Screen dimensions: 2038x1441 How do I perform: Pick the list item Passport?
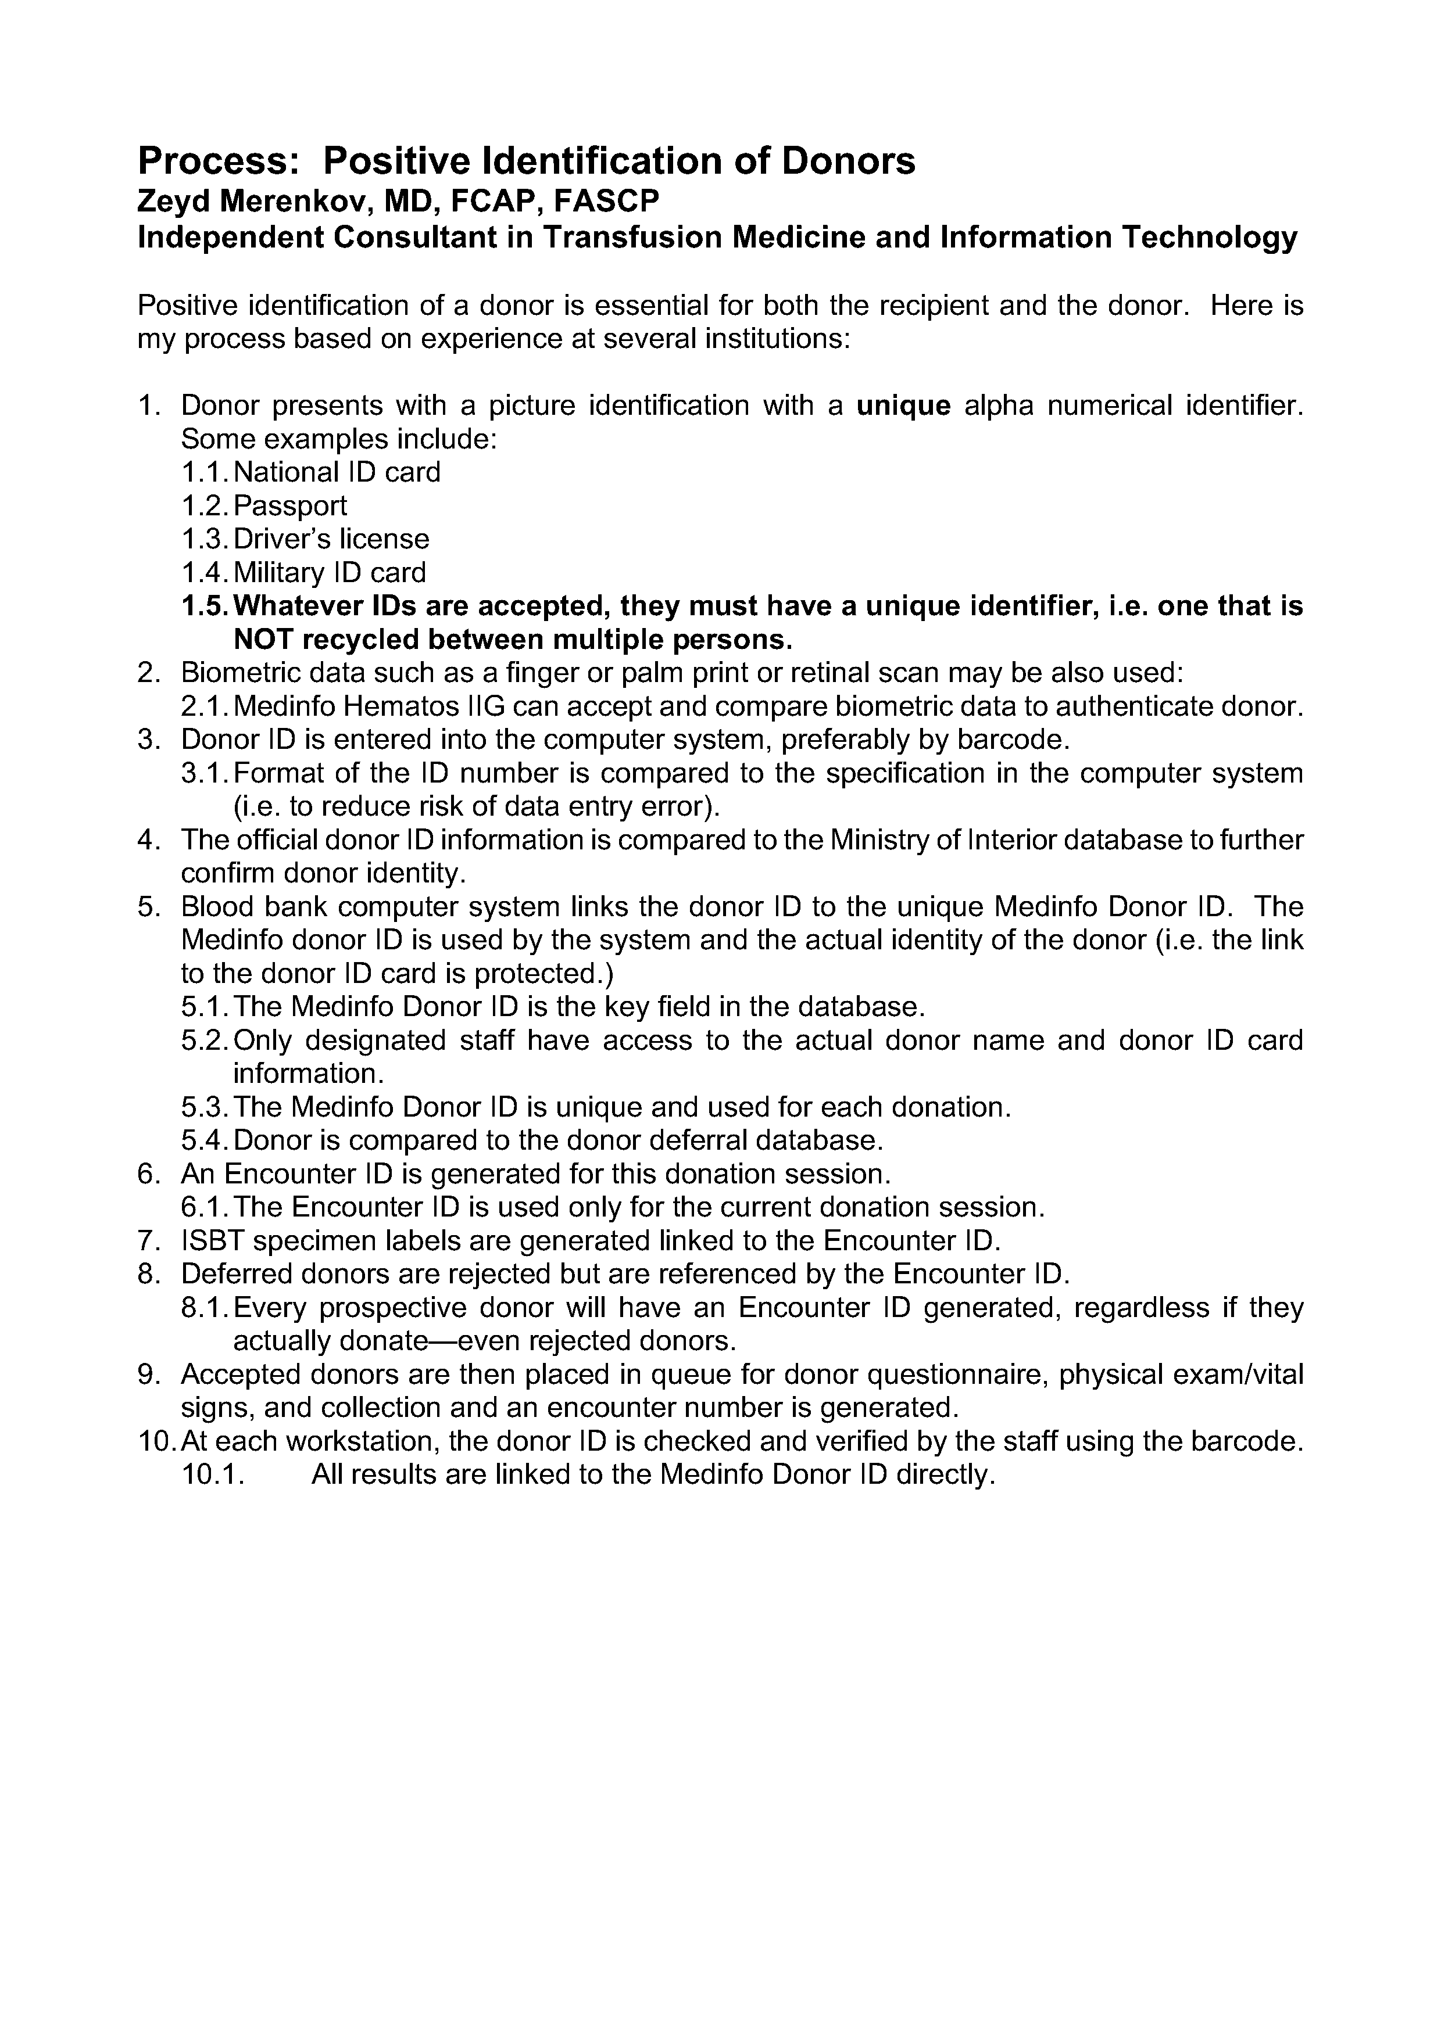click(290, 506)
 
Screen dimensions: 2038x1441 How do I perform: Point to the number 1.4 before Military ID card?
click(204, 572)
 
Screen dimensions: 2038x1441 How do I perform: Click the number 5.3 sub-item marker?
click(204, 1107)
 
